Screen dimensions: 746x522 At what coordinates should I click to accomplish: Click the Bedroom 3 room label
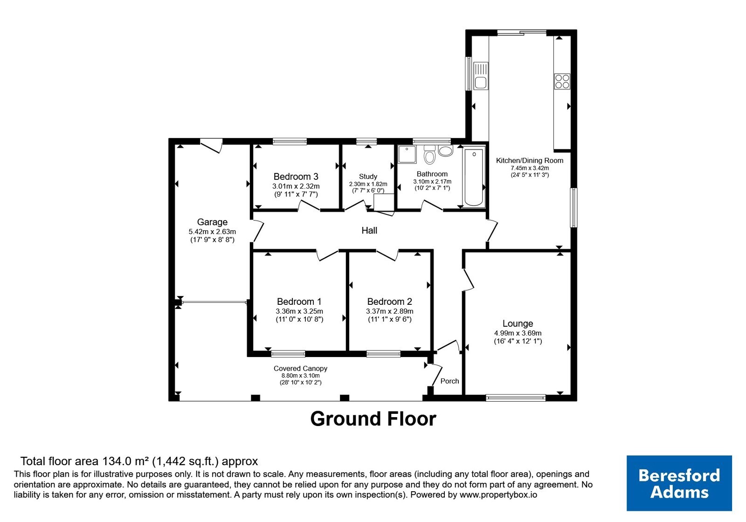[x=296, y=177]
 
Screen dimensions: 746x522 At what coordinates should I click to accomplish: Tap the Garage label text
[x=212, y=222]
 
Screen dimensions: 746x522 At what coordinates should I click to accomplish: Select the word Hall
[x=369, y=230]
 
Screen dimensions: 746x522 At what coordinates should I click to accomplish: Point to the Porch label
[x=449, y=381]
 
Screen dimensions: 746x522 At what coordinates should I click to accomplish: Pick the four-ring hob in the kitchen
[x=562, y=82]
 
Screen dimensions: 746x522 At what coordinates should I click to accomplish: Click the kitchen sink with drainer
[x=481, y=76]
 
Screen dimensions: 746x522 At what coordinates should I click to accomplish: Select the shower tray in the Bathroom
[x=407, y=154]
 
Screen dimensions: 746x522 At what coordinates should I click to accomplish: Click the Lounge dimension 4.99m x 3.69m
[x=518, y=333]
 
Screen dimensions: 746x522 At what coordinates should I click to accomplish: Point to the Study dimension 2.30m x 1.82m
[x=368, y=184]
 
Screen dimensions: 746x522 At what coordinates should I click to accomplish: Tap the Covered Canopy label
[x=300, y=369]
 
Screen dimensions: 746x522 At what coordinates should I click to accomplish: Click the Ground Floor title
[x=373, y=419]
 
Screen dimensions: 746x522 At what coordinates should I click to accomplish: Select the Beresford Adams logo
[x=679, y=483]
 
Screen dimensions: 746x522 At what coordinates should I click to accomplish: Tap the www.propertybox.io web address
[x=498, y=495]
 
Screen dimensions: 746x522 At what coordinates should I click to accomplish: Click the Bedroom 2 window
[x=383, y=354]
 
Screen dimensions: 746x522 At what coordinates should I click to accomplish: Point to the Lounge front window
[x=516, y=398]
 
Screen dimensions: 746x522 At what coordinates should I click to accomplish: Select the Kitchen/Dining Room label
[x=530, y=160]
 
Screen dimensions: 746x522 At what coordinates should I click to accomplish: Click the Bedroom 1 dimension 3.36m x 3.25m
[x=299, y=311]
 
